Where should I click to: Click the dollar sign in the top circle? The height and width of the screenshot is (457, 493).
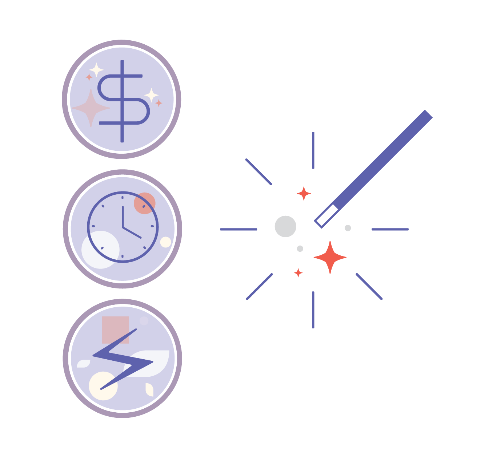point(122,99)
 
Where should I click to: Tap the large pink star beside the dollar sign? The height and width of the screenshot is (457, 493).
point(91,108)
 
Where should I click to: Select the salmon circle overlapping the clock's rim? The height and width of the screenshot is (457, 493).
point(145,203)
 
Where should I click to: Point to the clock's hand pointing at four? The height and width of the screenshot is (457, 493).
point(132,233)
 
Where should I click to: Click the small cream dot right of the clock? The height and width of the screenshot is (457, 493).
point(166,242)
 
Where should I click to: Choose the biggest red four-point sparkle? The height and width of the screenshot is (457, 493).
point(330,257)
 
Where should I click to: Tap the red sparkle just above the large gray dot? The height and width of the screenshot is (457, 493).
point(304,194)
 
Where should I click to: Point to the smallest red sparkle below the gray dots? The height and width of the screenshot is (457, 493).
point(298,272)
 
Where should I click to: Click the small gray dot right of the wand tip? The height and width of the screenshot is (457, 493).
point(348,228)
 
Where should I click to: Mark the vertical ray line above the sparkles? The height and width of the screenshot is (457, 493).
point(313,150)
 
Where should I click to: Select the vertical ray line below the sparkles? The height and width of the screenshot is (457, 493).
point(313,310)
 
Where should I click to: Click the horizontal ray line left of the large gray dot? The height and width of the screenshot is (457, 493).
point(239,230)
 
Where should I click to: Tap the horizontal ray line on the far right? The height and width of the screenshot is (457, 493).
point(390,230)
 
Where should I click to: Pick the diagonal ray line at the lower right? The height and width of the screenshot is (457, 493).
point(369,287)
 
